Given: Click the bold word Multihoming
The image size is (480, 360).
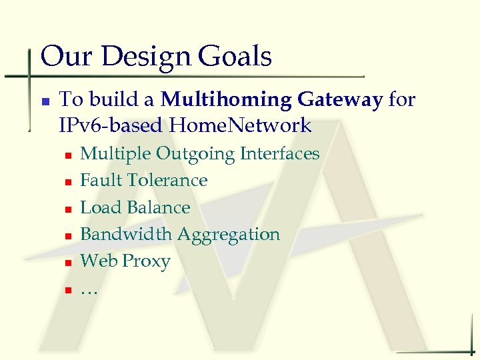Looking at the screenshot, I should pyautogui.click(x=226, y=100).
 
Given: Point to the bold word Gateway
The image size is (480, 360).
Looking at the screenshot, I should pyautogui.click(x=340, y=100).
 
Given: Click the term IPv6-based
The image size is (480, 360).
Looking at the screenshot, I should pyautogui.click(x=111, y=125).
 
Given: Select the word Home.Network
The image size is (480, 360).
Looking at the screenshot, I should pyautogui.click(x=241, y=125).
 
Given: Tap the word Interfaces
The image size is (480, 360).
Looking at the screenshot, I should pyautogui.click(x=280, y=154).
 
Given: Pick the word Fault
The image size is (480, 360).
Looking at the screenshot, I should pyautogui.click(x=101, y=181).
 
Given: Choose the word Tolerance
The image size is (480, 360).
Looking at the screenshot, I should pyautogui.click(x=167, y=181).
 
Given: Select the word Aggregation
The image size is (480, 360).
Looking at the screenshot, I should pyautogui.click(x=229, y=235).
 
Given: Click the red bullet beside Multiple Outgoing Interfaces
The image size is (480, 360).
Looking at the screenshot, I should pyautogui.click(x=68, y=155).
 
